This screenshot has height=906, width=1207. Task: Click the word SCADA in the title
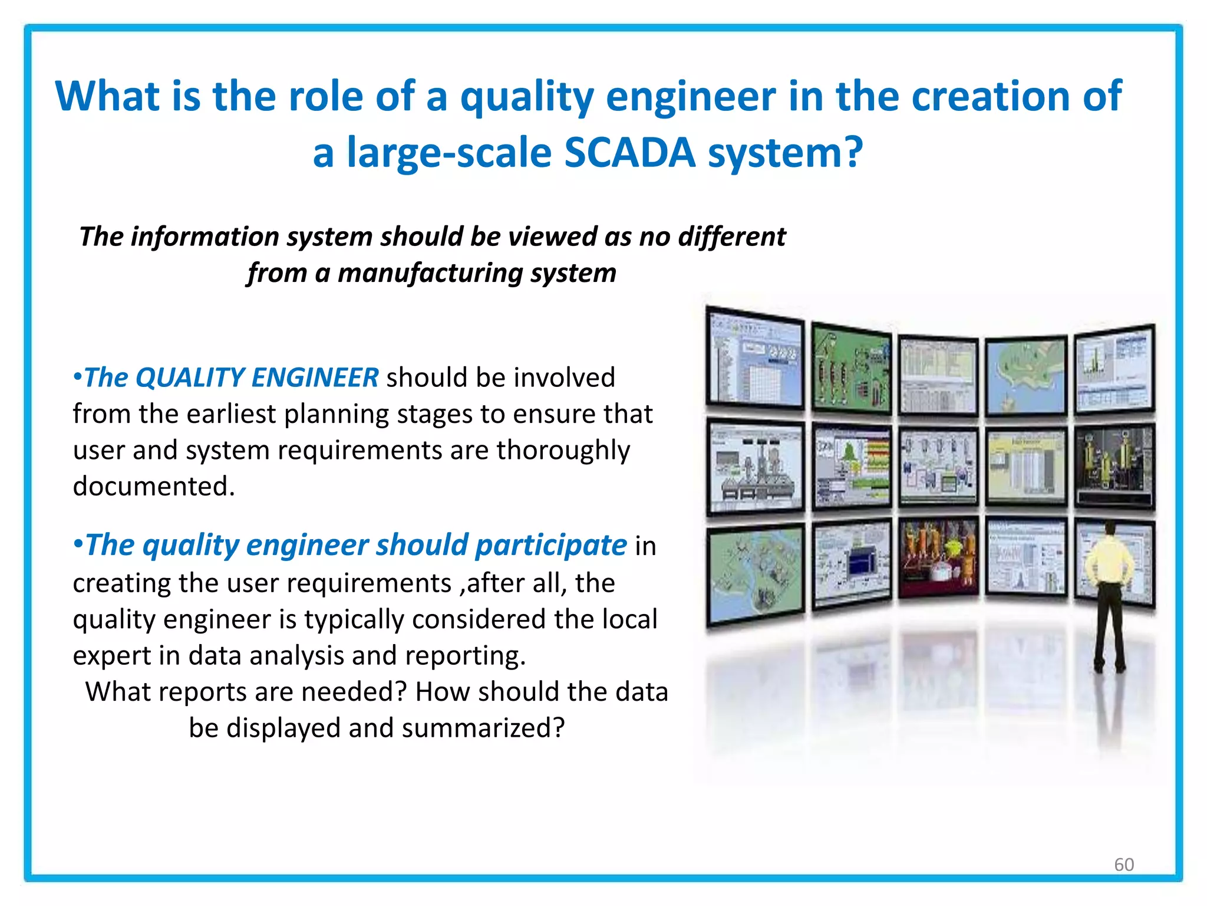pyautogui.click(x=629, y=152)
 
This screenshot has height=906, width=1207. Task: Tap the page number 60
pyautogui.click(x=1124, y=864)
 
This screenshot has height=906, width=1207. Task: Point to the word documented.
pyautogui.click(x=153, y=487)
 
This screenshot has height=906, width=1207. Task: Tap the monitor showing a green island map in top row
pyautogui.click(x=1026, y=376)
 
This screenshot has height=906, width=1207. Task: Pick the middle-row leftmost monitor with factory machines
pyautogui.click(x=756, y=466)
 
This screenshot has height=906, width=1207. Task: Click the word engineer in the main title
pyautogui.click(x=691, y=96)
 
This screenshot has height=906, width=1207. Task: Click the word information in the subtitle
pyautogui.click(x=205, y=237)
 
